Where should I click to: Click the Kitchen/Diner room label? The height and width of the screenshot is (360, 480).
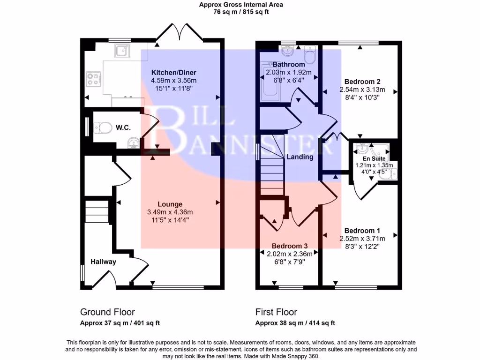pyautogui.click(x=173, y=72)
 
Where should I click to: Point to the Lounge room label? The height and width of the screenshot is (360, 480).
pyautogui.click(x=170, y=204)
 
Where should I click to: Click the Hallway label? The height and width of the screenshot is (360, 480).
pyautogui.click(x=103, y=262)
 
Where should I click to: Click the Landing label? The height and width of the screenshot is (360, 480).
pyautogui.click(x=300, y=157)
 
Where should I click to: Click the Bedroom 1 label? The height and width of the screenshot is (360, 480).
pyautogui.click(x=362, y=230)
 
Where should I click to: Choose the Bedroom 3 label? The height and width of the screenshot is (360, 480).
pyautogui.click(x=290, y=246)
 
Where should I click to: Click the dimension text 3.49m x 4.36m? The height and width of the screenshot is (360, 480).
pyautogui.click(x=170, y=212)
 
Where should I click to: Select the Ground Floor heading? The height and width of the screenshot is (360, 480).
pyautogui.click(x=107, y=312)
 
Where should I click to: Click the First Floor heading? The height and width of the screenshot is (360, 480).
pyautogui.click(x=276, y=312)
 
